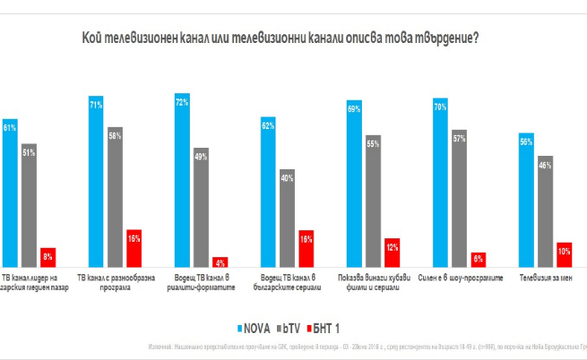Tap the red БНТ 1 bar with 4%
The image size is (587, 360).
[x=219, y=261]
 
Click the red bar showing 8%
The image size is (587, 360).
[x=47, y=257]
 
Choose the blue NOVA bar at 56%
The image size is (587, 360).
[x=527, y=201]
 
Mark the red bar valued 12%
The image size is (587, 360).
[x=391, y=253]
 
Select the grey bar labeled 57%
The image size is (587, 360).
[x=459, y=199]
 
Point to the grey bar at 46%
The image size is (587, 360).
[x=545, y=211]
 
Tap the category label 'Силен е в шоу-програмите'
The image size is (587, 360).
[x=459, y=278]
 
